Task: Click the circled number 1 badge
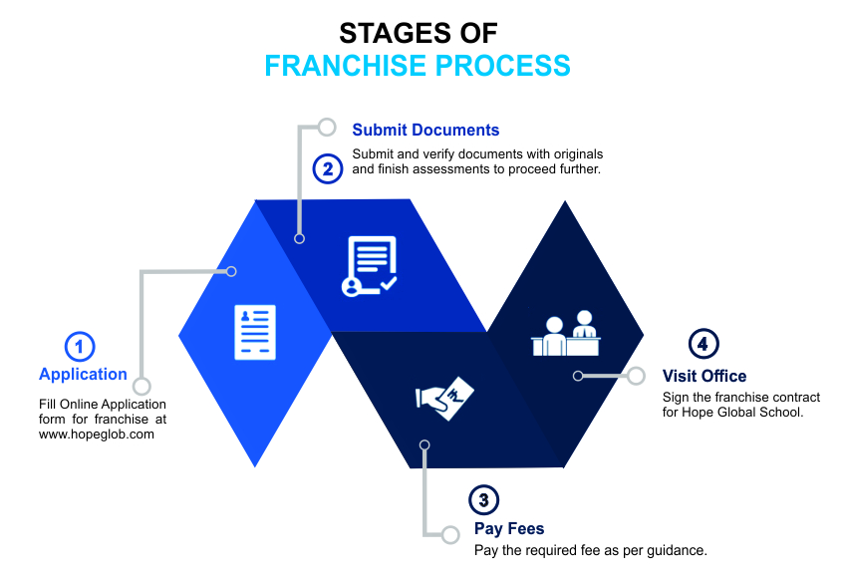click(x=80, y=347)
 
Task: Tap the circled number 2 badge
click(x=327, y=168)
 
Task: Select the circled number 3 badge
click(x=482, y=500)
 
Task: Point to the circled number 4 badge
click(x=704, y=345)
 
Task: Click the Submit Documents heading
click(x=425, y=131)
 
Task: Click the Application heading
click(x=84, y=375)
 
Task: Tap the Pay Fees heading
click(x=509, y=529)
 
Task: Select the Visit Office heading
click(x=704, y=376)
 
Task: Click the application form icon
click(x=255, y=332)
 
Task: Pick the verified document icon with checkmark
click(x=369, y=265)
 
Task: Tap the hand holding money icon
click(x=444, y=396)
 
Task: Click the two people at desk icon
click(x=566, y=335)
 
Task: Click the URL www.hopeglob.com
click(x=97, y=435)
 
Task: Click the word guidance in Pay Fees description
click(x=675, y=550)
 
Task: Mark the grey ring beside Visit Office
click(x=636, y=376)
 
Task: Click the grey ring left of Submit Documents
click(x=327, y=127)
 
